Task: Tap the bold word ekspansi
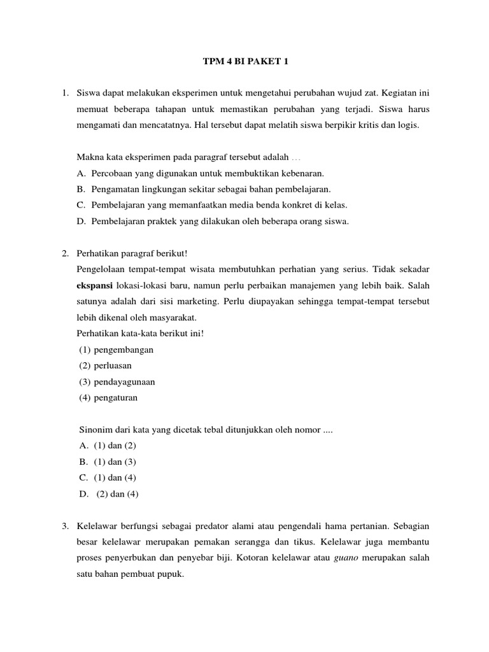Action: click(94, 285)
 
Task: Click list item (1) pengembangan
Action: click(117, 350)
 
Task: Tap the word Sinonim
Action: click(94, 430)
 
